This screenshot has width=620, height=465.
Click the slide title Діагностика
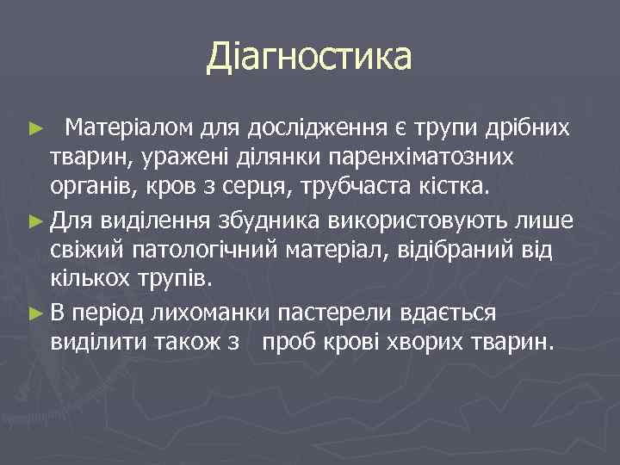click(309, 58)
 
